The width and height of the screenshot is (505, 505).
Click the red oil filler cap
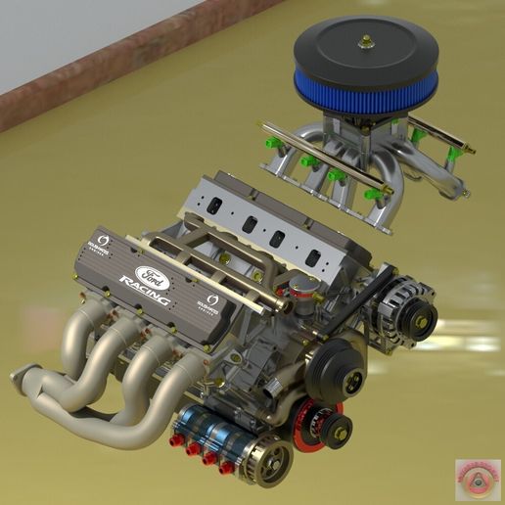point(305,286)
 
